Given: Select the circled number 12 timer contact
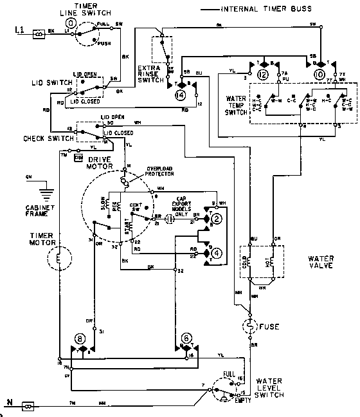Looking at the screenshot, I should point(263,75).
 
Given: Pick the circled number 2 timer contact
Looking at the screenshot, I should point(217,220).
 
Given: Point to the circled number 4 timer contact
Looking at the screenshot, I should point(217,253).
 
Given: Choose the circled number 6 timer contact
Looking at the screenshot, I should point(187,338).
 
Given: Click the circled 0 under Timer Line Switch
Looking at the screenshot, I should point(71,23).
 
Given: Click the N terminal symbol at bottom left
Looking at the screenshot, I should point(28,406).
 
